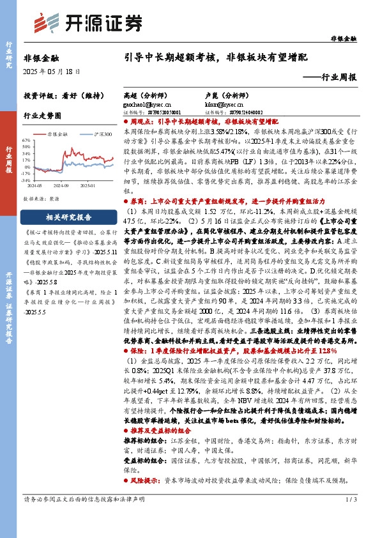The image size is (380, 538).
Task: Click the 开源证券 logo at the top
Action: point(88,23)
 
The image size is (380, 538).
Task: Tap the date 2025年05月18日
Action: point(49,72)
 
